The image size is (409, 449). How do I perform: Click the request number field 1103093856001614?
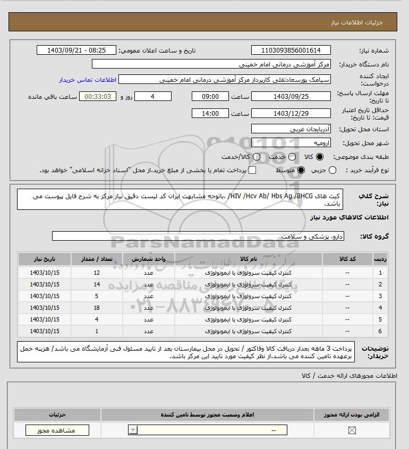291,50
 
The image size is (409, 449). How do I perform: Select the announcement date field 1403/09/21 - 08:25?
76,50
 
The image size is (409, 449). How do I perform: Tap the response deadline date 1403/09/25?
291,96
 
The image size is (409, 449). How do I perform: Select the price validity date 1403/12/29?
291,113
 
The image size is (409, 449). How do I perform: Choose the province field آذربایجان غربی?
291,129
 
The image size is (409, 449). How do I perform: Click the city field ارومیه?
291,143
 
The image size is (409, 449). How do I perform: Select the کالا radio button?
319,157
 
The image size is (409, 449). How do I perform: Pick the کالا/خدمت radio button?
257,157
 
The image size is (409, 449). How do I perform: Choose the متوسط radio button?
301,170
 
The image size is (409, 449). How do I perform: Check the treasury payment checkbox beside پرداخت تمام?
252,170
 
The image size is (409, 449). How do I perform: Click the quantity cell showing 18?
97,308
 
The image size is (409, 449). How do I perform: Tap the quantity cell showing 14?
97,284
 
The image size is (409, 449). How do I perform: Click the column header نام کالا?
249,259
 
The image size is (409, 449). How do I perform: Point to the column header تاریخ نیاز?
45,259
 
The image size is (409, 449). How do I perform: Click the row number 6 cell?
380,331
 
